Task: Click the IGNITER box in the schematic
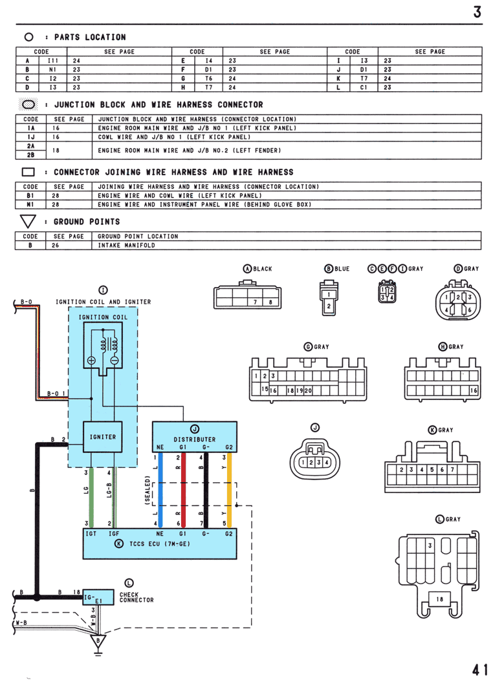pyautogui.click(x=103, y=437)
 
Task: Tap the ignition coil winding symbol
pyautogui.click(x=109, y=344)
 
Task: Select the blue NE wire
pyautogui.click(x=160, y=490)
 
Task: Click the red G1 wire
pyautogui.click(x=183, y=490)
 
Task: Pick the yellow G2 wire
pyautogui.click(x=229, y=490)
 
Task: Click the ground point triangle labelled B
pyautogui.click(x=98, y=641)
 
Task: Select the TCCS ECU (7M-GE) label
pyautogui.click(x=160, y=544)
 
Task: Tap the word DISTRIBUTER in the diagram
pyautogui.click(x=194, y=439)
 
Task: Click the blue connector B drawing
pyautogui.click(x=329, y=297)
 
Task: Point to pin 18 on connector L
pyautogui.click(x=439, y=599)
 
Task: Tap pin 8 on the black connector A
pyautogui.click(x=270, y=302)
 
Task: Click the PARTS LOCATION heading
pyautogui.click(x=90, y=37)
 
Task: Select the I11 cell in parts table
pyautogui.click(x=53, y=61)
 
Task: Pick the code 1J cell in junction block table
pyautogui.click(x=30, y=137)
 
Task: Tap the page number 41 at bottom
pyautogui.click(x=479, y=670)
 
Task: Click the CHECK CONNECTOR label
pyautogui.click(x=137, y=597)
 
